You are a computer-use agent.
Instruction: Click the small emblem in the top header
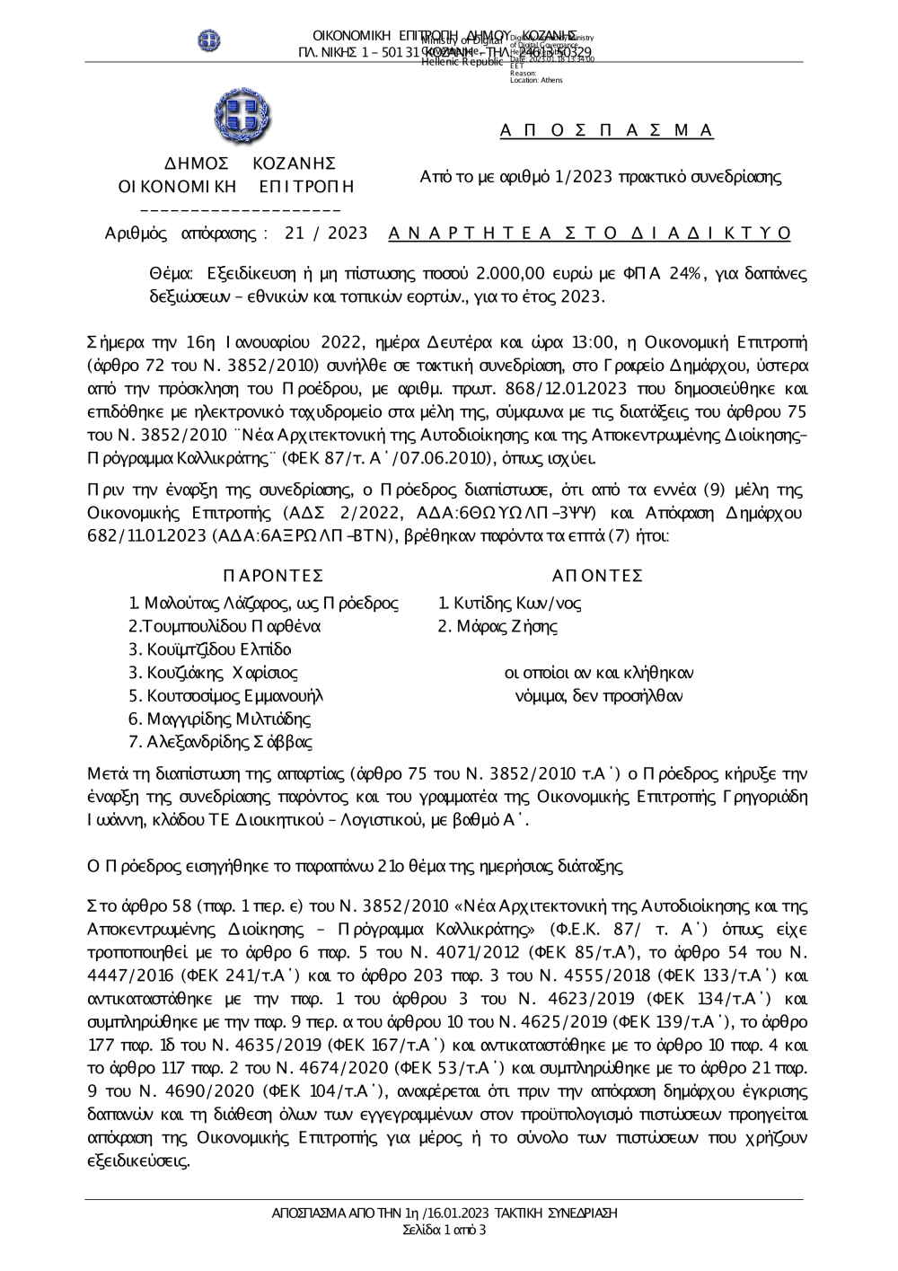click(209, 40)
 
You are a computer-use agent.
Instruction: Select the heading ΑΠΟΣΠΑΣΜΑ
click(606, 131)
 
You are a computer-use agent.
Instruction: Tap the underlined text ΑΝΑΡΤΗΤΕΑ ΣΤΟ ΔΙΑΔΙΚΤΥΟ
click(590, 234)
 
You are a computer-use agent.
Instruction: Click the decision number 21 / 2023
click(326, 234)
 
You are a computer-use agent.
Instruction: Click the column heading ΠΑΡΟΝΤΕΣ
click(272, 576)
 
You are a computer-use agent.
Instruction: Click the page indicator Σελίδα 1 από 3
click(445, 1230)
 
